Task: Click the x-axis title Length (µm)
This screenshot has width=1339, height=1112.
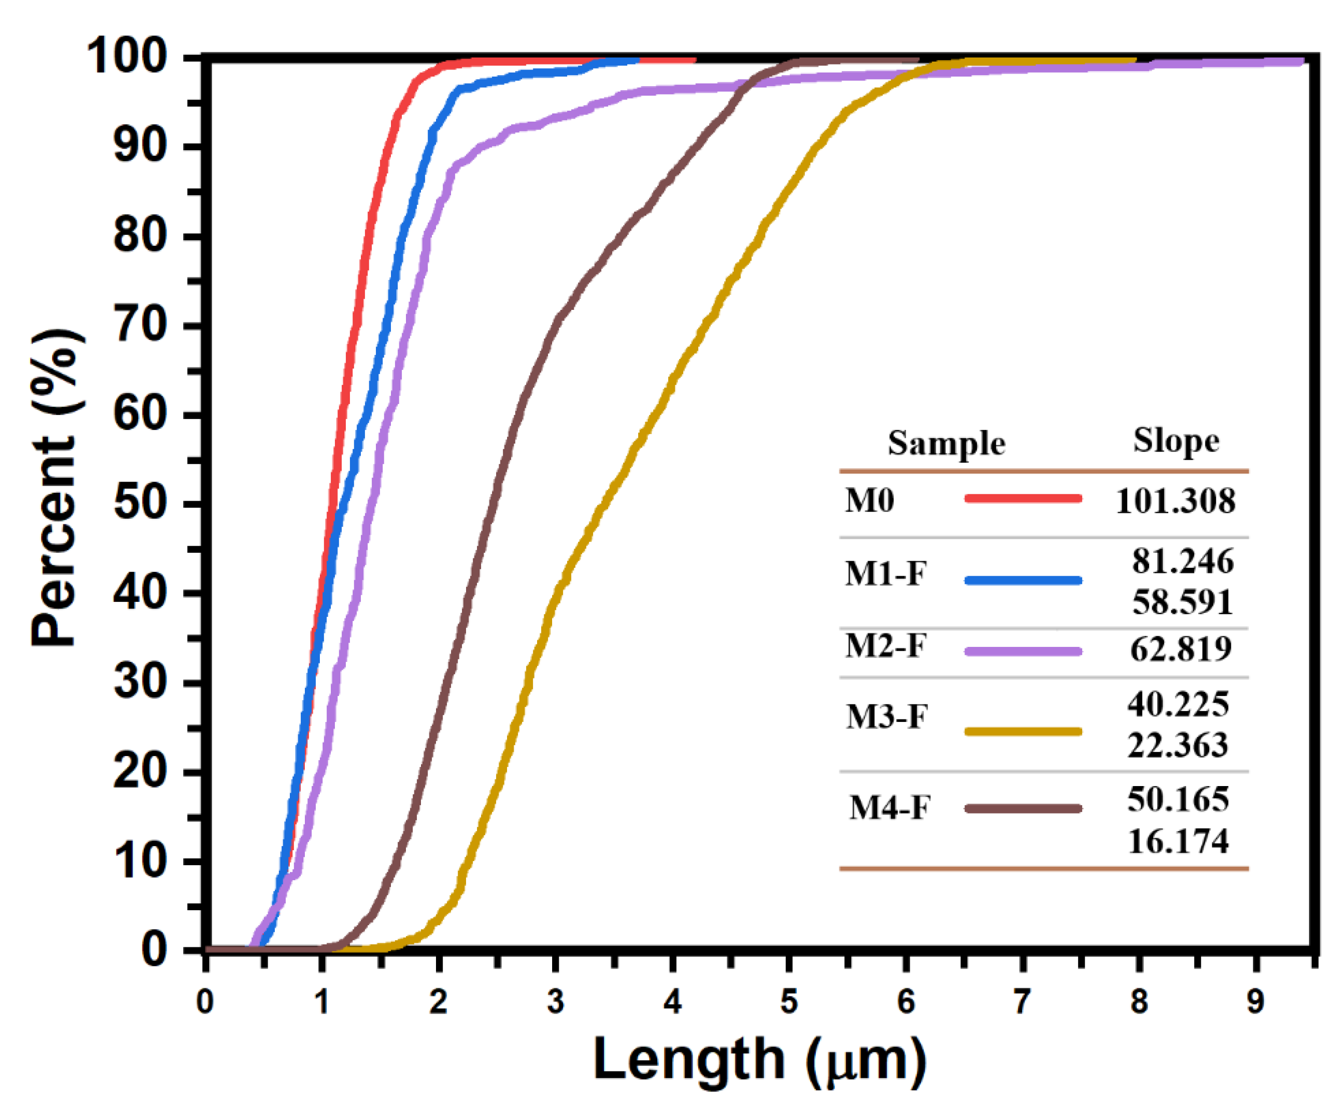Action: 759,1060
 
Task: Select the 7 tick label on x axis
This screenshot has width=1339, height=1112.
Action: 1022,1002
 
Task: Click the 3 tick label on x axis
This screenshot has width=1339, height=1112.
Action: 555,1002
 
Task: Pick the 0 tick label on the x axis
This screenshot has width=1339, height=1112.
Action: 205,1002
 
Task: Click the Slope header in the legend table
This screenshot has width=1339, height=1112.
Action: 1176,441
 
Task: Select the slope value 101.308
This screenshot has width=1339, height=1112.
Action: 1175,501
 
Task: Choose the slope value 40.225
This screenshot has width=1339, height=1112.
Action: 1178,704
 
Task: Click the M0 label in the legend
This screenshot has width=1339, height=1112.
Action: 869,501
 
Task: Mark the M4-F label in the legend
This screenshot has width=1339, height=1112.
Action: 889,809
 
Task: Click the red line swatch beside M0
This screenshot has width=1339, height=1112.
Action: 1023,499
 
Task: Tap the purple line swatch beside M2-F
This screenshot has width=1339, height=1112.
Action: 1023,651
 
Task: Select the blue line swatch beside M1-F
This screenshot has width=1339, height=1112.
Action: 1023,580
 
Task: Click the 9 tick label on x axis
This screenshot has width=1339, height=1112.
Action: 1255,1002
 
